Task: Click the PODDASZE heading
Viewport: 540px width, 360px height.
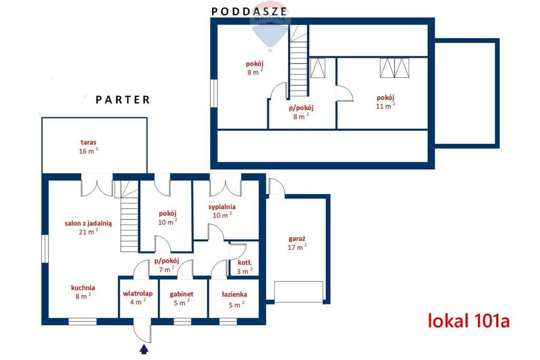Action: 249,12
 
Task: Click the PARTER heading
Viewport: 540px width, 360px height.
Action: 123,100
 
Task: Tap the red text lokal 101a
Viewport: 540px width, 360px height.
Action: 469,321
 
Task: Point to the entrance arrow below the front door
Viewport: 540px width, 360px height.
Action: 144,349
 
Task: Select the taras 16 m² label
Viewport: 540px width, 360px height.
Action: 89,147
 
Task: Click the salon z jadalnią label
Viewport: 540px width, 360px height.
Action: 88,223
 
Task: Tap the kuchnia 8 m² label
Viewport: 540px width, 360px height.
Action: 83,292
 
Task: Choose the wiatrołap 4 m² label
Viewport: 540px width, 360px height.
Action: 138,298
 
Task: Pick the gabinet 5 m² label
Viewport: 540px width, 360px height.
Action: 181,298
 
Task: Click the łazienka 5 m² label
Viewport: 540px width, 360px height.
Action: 235,299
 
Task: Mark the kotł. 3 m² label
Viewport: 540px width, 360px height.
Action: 245,267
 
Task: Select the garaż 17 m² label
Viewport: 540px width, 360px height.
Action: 297,243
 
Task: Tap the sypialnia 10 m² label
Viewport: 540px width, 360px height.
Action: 222,211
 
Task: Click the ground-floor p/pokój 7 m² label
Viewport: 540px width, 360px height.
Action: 167,265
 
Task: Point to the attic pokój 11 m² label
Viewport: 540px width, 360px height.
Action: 385,102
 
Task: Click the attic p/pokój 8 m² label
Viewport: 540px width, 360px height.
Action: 301,112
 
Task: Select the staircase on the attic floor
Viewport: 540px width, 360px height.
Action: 298,61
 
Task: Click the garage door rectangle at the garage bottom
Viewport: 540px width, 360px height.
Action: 298,292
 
